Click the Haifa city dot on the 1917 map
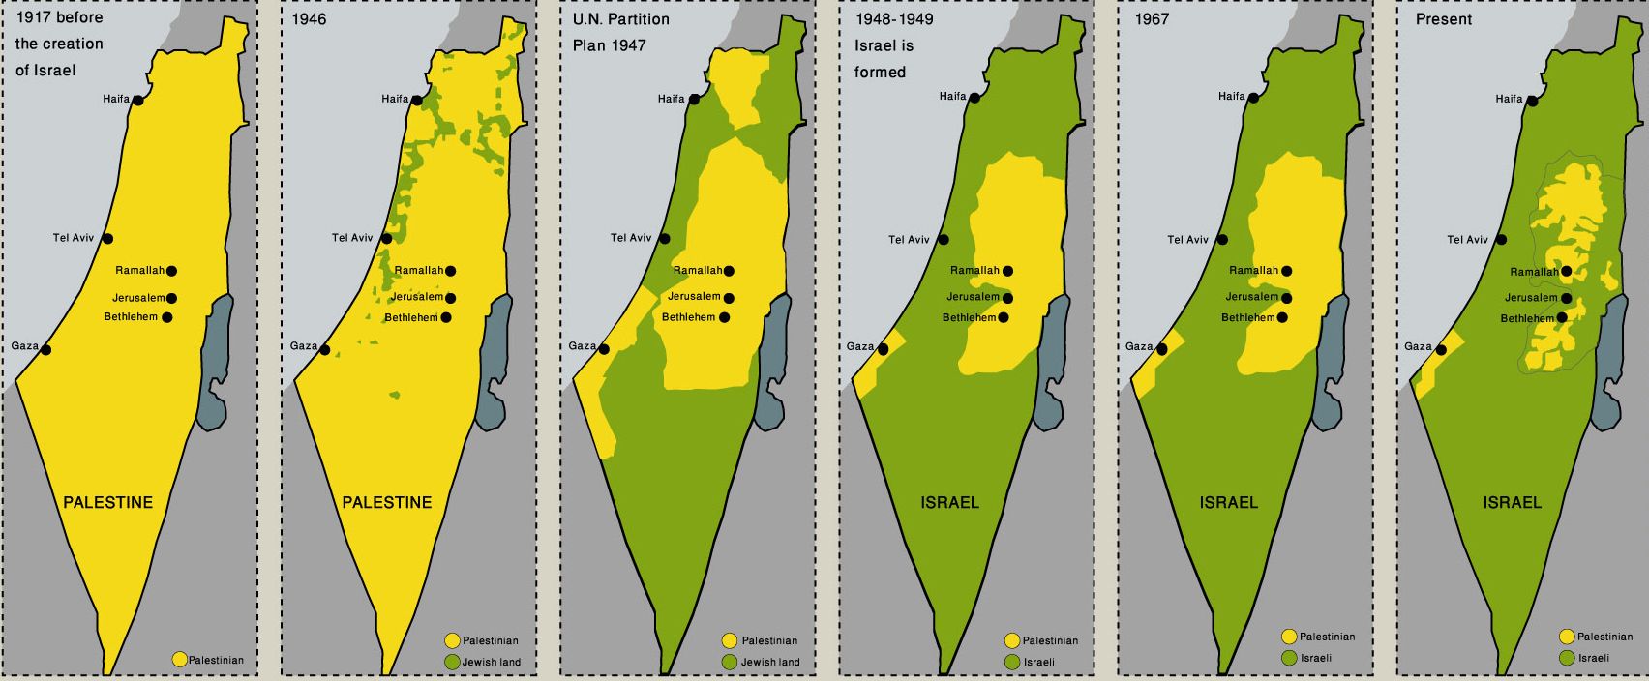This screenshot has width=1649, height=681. [138, 100]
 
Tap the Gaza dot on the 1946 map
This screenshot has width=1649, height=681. [325, 350]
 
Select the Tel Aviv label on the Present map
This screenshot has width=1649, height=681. [1467, 240]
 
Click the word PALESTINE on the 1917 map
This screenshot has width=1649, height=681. [107, 502]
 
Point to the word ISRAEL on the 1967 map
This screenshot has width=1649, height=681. [1228, 502]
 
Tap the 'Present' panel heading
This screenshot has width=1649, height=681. [1443, 19]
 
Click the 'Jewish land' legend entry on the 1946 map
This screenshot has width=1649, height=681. [491, 663]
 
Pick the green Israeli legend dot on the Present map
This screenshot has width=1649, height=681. [1567, 658]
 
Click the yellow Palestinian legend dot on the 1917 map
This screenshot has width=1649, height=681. [179, 660]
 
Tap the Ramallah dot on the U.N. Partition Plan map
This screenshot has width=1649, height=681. [729, 271]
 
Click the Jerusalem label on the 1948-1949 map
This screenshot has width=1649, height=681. [973, 297]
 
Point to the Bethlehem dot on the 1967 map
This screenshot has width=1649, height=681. [1282, 317]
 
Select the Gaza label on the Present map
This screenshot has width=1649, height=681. [1418, 346]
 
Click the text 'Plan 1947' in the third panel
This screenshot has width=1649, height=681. [609, 45]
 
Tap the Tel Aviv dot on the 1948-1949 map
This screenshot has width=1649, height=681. [944, 240]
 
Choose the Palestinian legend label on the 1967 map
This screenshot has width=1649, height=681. [1327, 637]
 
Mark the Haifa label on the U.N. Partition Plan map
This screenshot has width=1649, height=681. [671, 99]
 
